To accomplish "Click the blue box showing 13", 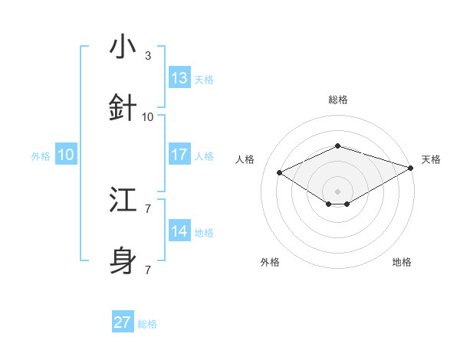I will (179, 78).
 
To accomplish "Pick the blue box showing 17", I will (179, 155).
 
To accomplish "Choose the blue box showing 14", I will (179, 231).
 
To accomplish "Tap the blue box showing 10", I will (66, 155).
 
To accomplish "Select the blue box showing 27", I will (123, 322).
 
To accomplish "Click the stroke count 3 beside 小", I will (148, 56).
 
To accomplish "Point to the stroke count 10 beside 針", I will (148, 117).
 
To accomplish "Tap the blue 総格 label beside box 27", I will (147, 324).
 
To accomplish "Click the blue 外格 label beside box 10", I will (41, 156).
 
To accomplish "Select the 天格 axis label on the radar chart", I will (431, 159).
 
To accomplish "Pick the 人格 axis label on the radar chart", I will (245, 159).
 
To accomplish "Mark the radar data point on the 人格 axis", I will (280, 172).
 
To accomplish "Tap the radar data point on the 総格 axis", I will (337, 146).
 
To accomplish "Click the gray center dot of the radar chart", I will (337, 191).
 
